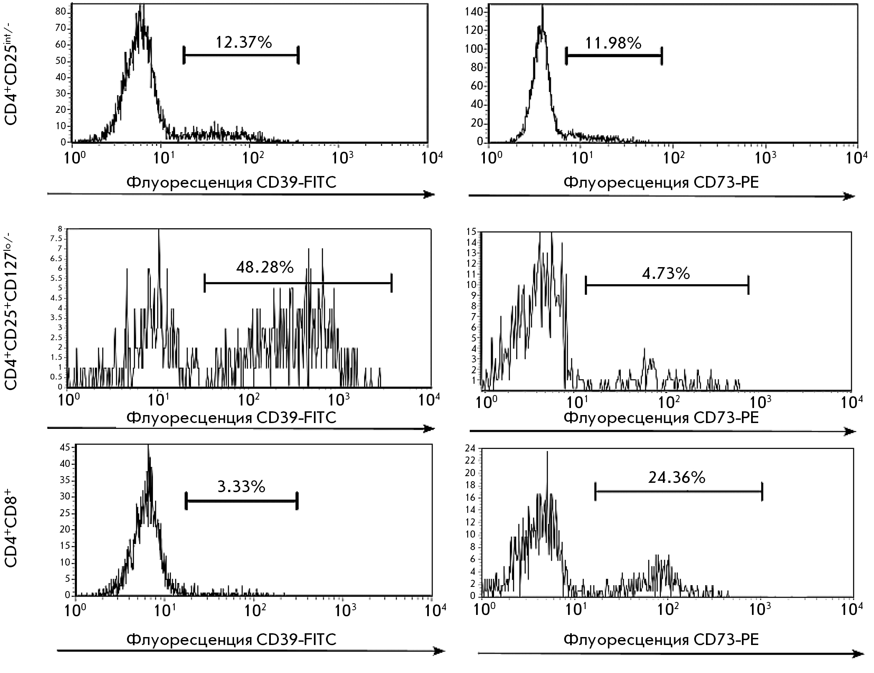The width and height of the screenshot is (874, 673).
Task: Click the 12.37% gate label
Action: click(x=244, y=42)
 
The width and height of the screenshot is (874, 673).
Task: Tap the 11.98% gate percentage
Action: click(x=613, y=43)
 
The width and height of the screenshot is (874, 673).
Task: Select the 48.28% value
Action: click(x=265, y=268)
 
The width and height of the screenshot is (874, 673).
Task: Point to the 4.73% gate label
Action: click(x=666, y=273)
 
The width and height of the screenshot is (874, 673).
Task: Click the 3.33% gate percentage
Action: click(x=241, y=487)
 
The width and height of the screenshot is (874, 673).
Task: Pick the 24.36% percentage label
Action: click(x=677, y=477)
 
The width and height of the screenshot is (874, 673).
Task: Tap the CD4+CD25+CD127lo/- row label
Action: click(x=11, y=309)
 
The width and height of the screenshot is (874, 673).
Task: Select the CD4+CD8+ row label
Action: click(x=11, y=531)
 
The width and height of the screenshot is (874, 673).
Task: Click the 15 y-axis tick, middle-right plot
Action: click(x=471, y=232)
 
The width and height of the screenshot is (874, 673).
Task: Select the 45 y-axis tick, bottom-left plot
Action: click(x=65, y=447)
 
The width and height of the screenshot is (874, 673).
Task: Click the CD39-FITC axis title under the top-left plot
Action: click(x=231, y=183)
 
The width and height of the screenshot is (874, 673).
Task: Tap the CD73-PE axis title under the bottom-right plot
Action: click(x=661, y=640)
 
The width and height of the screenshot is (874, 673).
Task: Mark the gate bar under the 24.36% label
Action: click(x=678, y=492)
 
